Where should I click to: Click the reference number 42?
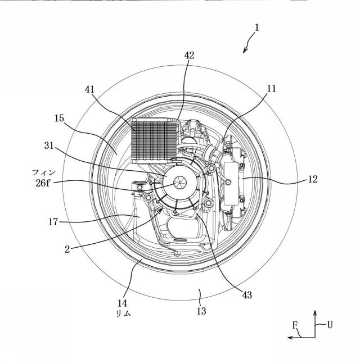pyautogui.click(x=189, y=55)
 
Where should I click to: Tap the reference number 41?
pyautogui.click(x=89, y=89)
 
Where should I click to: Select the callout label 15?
pyautogui.click(x=59, y=118)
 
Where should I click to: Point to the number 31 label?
pyautogui.click(x=49, y=146)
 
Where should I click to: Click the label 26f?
pyautogui.click(x=43, y=183)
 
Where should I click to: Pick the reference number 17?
pyautogui.click(x=53, y=222)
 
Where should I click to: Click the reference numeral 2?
pyautogui.click(x=67, y=249)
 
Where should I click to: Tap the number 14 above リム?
pyautogui.click(x=122, y=303)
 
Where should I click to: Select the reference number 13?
pyautogui.click(x=201, y=311)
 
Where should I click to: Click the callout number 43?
pyautogui.click(x=247, y=295)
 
